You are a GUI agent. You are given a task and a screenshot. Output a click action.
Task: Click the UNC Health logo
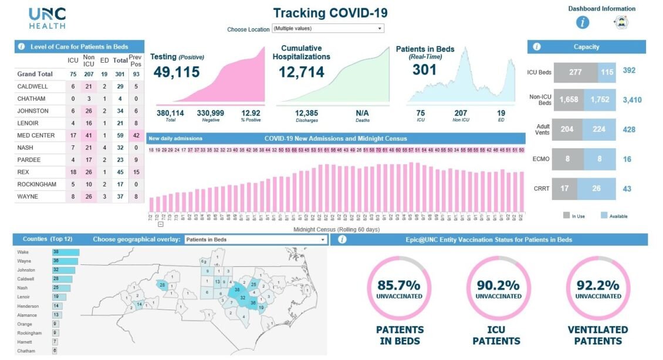[x=48, y=18]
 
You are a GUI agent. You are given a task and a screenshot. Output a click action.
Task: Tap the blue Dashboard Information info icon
[x=582, y=23]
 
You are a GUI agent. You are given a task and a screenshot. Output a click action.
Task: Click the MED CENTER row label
[x=36, y=135]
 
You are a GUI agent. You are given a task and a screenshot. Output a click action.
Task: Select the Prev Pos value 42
[x=136, y=135]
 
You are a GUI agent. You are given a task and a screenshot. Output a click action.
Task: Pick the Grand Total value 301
[x=120, y=74]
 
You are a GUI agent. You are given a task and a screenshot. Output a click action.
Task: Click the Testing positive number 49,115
[x=177, y=72]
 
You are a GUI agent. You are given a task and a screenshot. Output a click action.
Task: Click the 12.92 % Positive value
[x=251, y=113]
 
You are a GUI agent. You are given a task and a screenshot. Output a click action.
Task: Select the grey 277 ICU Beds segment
[x=575, y=72]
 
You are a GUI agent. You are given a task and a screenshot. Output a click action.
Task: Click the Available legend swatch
[x=604, y=215]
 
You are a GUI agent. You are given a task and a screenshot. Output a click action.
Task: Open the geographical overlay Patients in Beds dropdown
[x=255, y=240]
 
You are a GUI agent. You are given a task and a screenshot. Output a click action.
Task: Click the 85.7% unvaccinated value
[x=399, y=286]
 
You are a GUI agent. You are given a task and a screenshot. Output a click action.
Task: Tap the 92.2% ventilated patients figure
[x=598, y=286]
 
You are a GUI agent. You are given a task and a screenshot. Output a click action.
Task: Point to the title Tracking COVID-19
[x=330, y=13]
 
